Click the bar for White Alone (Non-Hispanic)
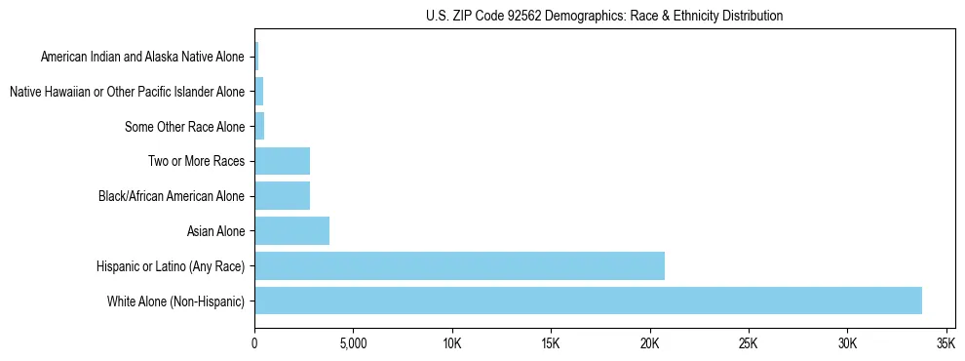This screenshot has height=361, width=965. click(x=588, y=301)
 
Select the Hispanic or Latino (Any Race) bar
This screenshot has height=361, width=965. click(x=459, y=265)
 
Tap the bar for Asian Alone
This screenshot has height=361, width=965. click(x=291, y=230)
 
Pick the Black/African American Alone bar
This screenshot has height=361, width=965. click(x=282, y=195)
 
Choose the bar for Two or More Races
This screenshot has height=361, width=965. click(x=282, y=161)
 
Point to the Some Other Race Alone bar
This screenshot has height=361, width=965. click(x=259, y=126)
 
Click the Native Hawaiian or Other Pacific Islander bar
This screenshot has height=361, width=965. click(x=258, y=92)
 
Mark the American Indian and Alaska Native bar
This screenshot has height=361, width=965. click(x=256, y=57)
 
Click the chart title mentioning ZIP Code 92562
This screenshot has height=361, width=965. click(x=604, y=16)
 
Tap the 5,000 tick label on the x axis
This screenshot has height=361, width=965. click(x=353, y=344)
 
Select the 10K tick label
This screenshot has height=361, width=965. click(x=452, y=344)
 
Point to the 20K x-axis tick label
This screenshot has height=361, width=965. click(x=650, y=344)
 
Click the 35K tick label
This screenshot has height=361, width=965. click(x=946, y=344)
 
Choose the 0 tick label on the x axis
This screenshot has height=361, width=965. click(x=254, y=344)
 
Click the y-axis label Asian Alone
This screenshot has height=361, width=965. click(x=215, y=231)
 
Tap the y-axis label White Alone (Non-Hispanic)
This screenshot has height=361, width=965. click(x=175, y=301)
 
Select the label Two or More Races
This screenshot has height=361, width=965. click(x=196, y=161)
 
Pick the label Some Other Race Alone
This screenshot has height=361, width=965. click(x=184, y=127)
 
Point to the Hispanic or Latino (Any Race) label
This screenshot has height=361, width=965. click(x=170, y=266)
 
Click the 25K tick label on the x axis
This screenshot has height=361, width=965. click(x=749, y=344)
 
